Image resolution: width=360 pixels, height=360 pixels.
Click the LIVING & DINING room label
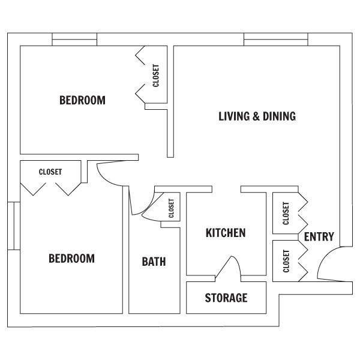257,116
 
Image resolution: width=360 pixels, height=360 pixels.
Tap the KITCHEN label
226,233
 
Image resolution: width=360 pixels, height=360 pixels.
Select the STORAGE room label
226,298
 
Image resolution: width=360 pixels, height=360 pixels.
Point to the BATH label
154,262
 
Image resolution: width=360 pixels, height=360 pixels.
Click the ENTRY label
319,237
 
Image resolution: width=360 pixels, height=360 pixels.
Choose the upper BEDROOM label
82,100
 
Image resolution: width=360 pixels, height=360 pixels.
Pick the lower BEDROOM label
71,258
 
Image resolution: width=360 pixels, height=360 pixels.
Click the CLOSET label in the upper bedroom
156,76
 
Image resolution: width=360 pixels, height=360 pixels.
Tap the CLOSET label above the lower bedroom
50,172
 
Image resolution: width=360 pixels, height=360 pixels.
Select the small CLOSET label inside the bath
171,208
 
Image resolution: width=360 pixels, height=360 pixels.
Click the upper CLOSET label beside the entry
286,213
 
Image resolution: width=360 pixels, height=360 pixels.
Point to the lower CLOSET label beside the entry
286,261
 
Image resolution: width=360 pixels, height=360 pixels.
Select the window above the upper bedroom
74,40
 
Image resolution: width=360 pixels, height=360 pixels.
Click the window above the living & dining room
276,40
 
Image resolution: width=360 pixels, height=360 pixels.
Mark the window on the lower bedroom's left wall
14,226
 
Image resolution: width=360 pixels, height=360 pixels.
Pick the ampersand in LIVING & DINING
256,116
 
